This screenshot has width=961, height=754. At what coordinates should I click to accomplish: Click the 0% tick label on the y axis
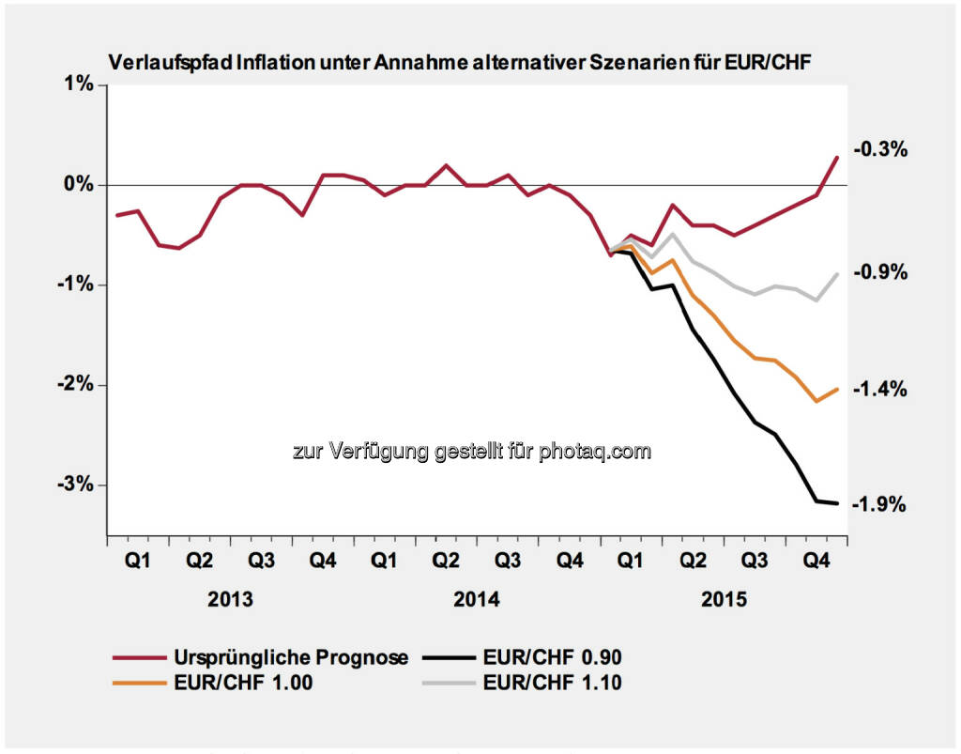coord(83,185)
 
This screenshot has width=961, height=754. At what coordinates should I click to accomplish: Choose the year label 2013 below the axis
coord(230,599)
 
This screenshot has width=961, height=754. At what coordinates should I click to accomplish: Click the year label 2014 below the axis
coord(477,599)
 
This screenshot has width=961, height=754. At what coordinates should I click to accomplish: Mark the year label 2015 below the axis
coord(725,599)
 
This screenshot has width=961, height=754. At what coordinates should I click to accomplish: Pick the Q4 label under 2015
coord(816,561)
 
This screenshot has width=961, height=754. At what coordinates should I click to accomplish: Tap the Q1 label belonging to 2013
coord(137,561)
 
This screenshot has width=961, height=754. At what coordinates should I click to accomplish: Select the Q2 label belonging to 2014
coord(446,561)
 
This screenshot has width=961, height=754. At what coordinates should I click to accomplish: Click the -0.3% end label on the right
coord(879,148)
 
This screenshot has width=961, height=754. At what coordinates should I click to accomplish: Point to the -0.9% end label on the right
coord(879,272)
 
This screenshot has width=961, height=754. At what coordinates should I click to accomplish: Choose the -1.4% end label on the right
coord(879,388)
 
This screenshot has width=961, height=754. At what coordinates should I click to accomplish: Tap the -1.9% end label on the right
coord(879,504)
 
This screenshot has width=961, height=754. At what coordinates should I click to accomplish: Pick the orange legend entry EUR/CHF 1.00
coord(242,683)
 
